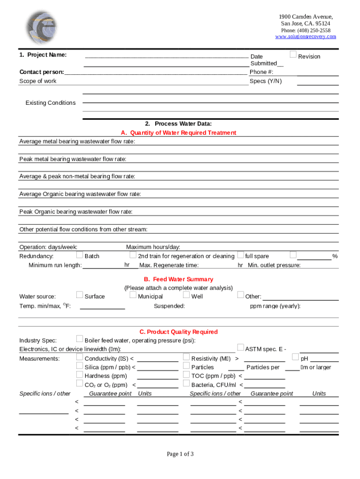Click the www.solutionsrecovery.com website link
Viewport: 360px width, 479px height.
click(x=305, y=36)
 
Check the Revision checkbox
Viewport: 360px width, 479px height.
click(x=293, y=55)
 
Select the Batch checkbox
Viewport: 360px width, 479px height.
click(x=79, y=255)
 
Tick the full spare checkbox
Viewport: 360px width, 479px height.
click(x=240, y=255)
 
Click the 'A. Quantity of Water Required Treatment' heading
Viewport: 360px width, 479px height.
click(x=178, y=133)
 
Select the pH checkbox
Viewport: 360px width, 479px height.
click(x=295, y=357)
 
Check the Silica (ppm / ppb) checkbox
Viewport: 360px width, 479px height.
click(x=79, y=366)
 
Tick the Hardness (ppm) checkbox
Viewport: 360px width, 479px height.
click(x=79, y=375)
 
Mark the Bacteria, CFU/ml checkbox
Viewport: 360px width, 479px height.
click(x=187, y=384)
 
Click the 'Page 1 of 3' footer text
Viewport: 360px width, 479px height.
click(x=180, y=454)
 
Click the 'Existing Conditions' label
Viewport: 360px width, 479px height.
click(x=50, y=103)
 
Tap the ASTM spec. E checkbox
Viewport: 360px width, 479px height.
click(x=240, y=348)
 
